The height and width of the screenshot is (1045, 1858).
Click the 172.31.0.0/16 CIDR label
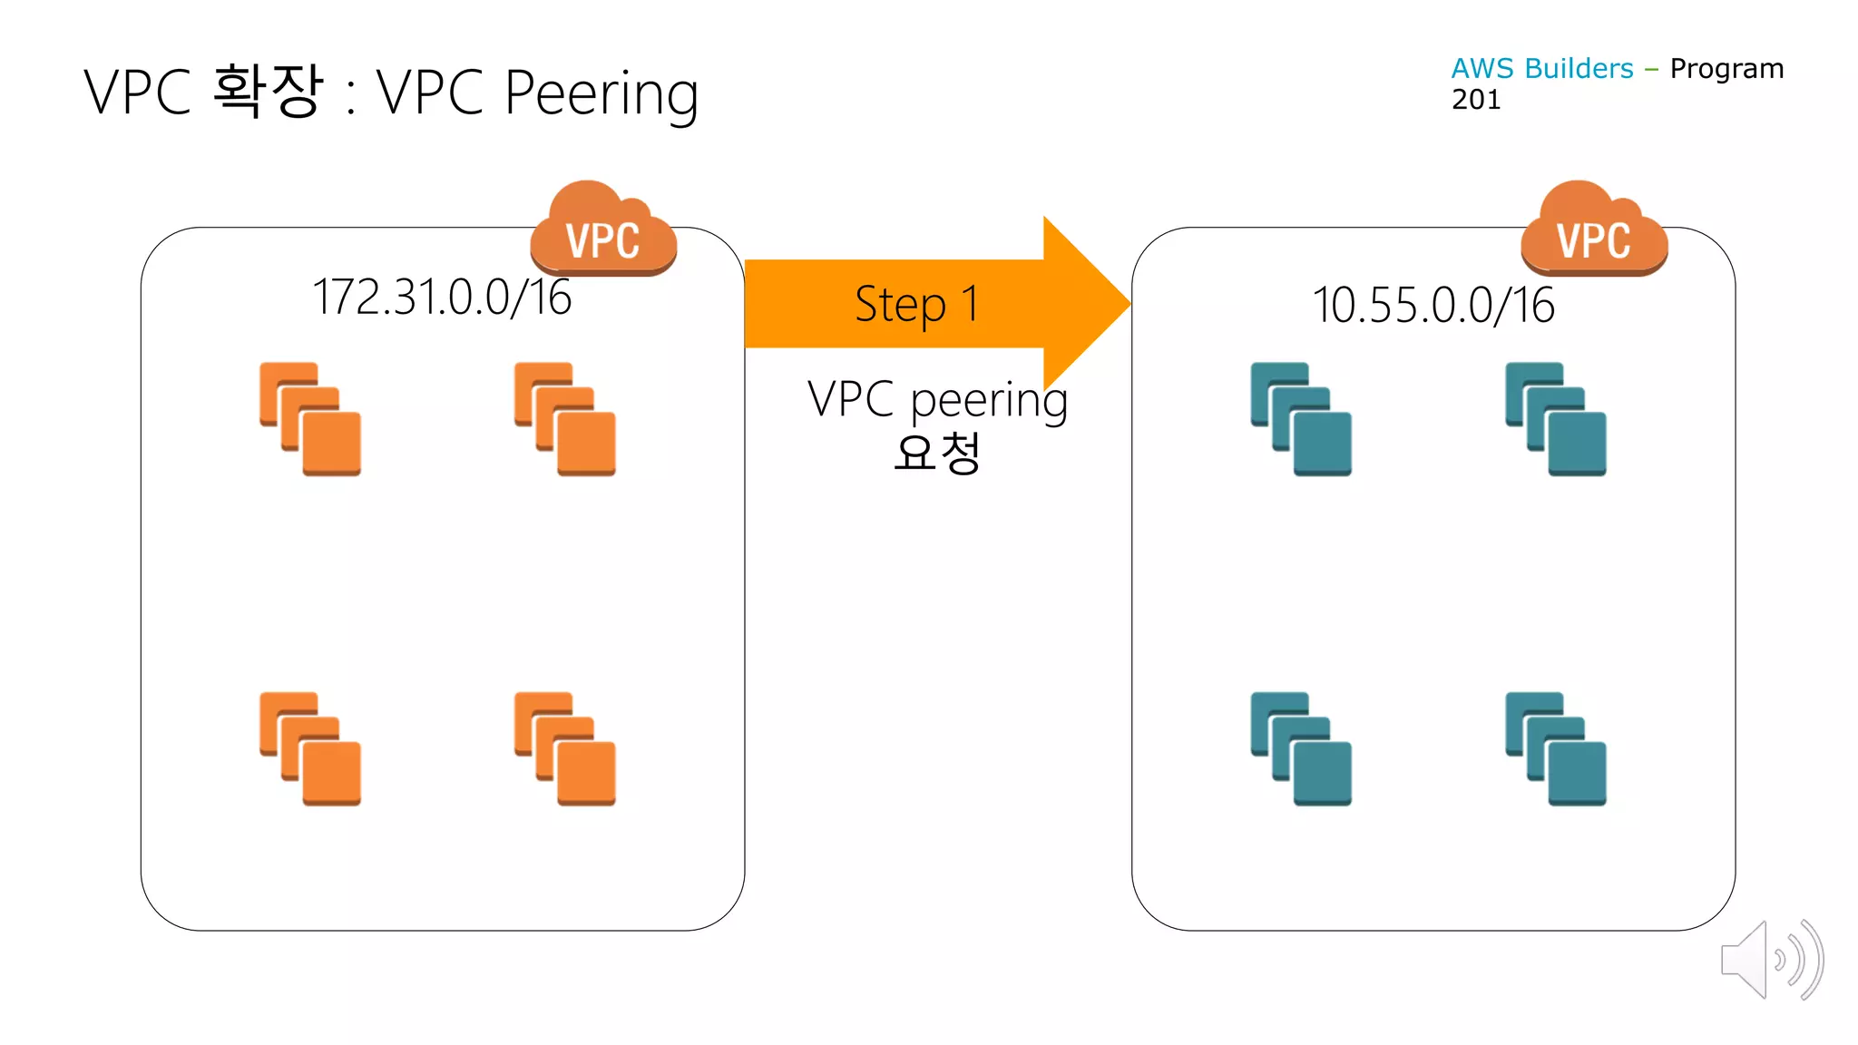[x=442, y=298]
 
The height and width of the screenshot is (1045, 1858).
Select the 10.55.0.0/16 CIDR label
[x=1433, y=305]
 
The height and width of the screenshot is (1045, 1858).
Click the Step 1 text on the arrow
[x=916, y=304]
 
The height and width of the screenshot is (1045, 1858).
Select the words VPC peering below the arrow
[x=937, y=399]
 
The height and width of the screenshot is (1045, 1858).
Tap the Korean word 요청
[x=937, y=453]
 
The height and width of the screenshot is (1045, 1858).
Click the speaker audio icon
[x=1771, y=960]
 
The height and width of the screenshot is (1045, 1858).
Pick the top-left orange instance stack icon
[x=310, y=419]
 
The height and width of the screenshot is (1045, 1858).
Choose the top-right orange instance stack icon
[x=565, y=419]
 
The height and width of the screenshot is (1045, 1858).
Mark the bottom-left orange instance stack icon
[x=310, y=748]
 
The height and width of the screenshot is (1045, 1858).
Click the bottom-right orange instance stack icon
[x=565, y=748]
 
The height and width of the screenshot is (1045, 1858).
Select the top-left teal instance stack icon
[x=1301, y=419]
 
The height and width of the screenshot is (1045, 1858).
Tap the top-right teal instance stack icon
[x=1556, y=419]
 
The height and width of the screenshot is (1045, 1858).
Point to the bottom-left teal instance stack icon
[x=1301, y=748]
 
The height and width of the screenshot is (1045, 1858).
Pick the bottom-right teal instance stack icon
[x=1556, y=748]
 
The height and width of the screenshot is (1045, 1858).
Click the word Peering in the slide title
[x=601, y=93]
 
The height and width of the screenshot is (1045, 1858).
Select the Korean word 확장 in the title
[x=269, y=91]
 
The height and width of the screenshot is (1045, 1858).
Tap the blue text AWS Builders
[x=1541, y=69]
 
